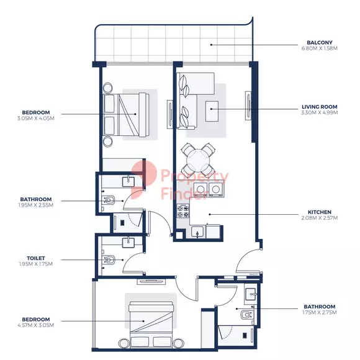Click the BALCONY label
click(x=320, y=42)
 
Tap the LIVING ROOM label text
click(x=320, y=107)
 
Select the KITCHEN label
click(x=320, y=212)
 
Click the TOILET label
click(x=36, y=258)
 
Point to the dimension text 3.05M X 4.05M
click(x=36, y=119)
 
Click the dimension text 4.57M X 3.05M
click(x=36, y=325)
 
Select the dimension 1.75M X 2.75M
click(x=320, y=312)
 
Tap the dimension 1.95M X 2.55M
click(x=36, y=205)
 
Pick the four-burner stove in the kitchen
click(x=183, y=212)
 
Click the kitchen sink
click(x=197, y=232)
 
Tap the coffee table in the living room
click(x=212, y=111)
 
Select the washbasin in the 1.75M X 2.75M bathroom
click(x=251, y=294)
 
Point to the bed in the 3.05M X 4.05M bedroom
click(x=126, y=114)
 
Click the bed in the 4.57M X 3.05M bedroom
click(x=151, y=324)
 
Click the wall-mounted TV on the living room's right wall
click(x=248, y=106)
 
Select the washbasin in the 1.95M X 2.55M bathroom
click(x=128, y=181)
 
